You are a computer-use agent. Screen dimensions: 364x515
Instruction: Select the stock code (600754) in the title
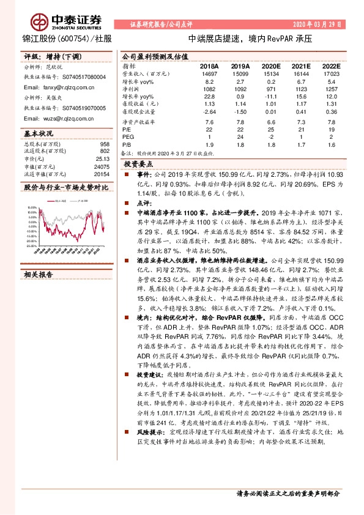coord(72,39)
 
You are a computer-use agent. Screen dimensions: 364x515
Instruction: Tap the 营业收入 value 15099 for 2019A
coord(240,73)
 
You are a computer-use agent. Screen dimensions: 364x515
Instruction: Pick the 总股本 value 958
coord(103,144)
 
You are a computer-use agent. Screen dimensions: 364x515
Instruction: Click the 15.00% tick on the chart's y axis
coord(31,207)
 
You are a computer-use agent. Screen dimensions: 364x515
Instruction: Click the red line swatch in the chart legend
coord(53,199)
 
